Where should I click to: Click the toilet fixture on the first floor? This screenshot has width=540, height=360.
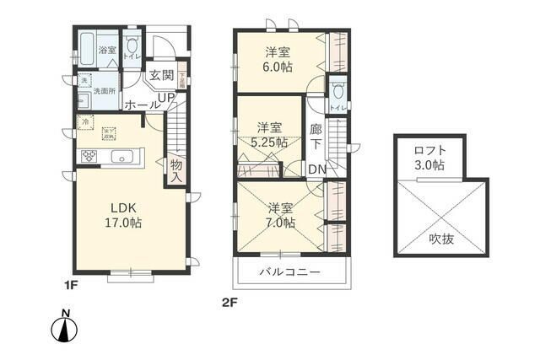(x=132, y=47)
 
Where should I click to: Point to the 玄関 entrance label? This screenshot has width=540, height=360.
(x=161, y=75)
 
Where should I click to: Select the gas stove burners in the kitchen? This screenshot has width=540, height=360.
(x=89, y=157)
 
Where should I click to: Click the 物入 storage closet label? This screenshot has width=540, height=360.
(x=176, y=170)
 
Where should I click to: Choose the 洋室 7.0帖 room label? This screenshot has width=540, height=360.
(x=282, y=215)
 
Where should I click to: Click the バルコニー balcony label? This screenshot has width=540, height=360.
(x=289, y=273)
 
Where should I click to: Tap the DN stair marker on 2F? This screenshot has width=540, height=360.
(x=317, y=169)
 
